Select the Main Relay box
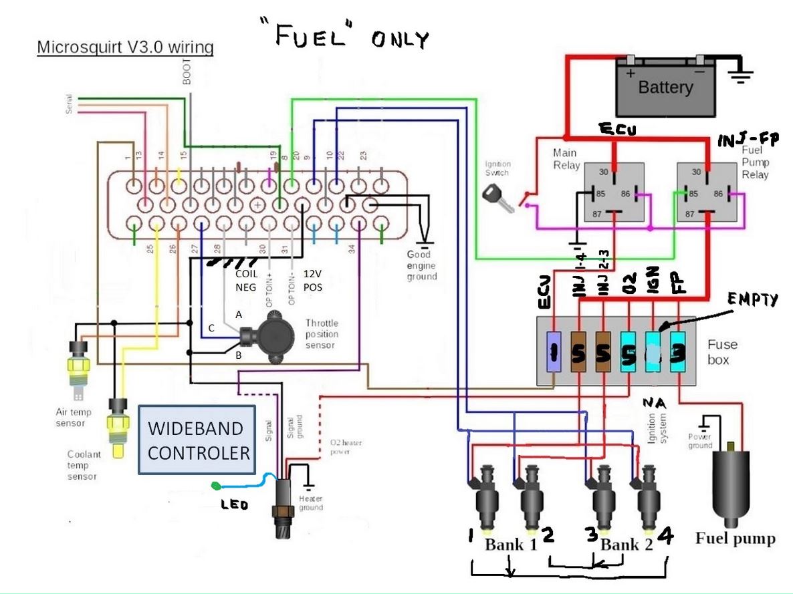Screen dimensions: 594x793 pos(614,192)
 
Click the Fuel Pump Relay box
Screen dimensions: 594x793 pos(707,192)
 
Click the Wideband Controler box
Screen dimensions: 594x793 pos(197,440)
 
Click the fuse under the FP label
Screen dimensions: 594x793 pos(678,352)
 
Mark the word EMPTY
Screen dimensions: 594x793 pos(753,300)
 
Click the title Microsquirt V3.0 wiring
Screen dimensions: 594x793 pos(125,48)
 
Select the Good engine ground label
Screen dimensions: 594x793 pos(421,265)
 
